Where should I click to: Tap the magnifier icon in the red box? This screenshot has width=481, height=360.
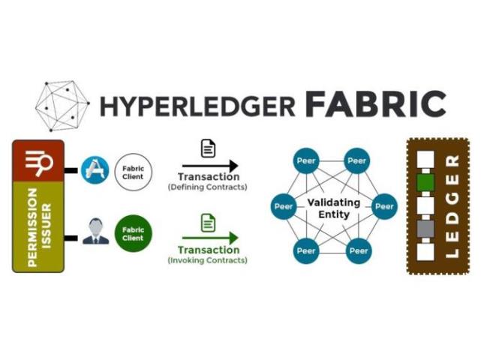(x=38, y=160)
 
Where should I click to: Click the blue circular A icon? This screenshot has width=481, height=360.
(x=98, y=170)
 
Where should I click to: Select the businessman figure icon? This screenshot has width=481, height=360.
(x=95, y=232)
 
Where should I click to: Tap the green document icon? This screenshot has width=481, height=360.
(x=209, y=223)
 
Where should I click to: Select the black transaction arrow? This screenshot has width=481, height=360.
(x=209, y=166)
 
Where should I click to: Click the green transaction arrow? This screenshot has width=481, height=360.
(x=209, y=238)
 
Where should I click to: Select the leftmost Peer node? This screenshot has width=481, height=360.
(x=284, y=205)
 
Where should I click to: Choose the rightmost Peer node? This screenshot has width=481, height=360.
(x=383, y=205)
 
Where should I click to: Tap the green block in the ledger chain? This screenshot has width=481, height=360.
(x=425, y=183)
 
